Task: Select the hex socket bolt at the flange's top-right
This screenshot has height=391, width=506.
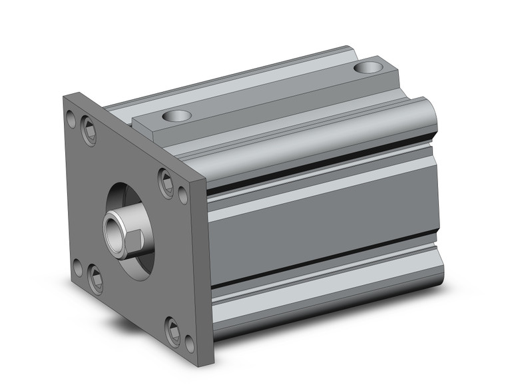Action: point(165,182)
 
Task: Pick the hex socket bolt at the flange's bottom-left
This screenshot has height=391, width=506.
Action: point(96,278)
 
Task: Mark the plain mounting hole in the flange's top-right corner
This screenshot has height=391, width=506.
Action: point(183,195)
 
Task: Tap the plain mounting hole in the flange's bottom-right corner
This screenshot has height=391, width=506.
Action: point(190,342)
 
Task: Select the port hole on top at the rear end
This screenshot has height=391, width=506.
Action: point(368,67)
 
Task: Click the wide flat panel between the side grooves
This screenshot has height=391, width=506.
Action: point(320,220)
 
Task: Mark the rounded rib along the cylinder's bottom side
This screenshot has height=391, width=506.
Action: point(326,293)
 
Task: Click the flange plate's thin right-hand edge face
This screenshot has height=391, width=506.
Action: point(201,266)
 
